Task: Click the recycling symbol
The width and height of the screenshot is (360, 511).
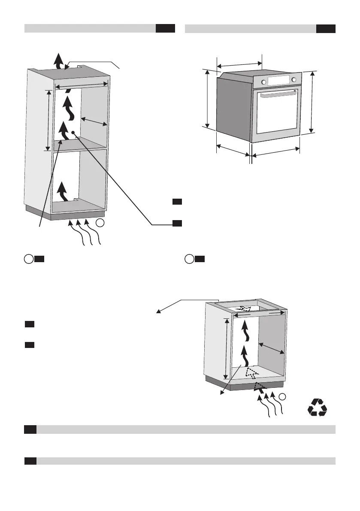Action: point(318,407)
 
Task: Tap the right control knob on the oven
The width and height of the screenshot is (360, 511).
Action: point(294,80)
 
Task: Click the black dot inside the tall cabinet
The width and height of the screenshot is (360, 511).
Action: point(74,133)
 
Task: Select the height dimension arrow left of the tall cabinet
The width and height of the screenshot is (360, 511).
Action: point(48,120)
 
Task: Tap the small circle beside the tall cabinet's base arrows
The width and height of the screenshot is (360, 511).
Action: point(100,223)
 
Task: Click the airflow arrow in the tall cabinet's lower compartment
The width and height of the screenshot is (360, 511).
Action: point(63,191)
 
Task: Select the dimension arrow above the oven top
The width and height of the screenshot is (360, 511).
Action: point(239,64)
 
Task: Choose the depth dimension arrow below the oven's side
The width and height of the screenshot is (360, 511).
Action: point(232,150)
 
